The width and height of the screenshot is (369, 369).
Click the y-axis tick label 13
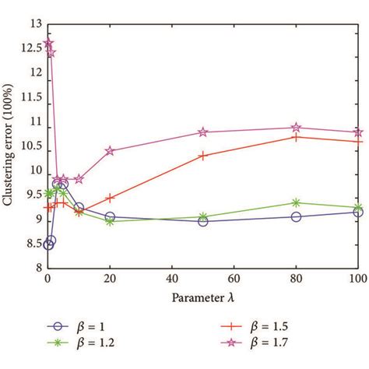coord(33,26)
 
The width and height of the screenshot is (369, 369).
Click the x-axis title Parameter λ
coord(202,297)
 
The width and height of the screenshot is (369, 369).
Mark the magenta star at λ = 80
coord(296,128)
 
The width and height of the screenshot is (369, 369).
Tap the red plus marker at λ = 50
coord(203,156)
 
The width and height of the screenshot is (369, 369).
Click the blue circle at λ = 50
coord(203,221)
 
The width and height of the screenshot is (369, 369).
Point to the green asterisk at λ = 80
coord(296,202)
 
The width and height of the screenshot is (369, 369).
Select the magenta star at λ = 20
coord(110,151)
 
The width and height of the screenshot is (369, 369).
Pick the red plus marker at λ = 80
coord(296,137)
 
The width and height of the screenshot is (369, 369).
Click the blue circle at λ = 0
coord(48,244)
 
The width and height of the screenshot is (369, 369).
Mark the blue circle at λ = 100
coord(357,212)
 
